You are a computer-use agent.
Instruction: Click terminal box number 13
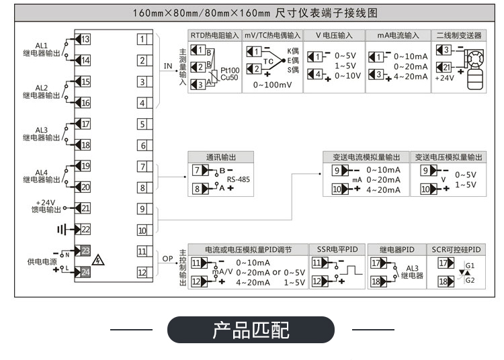tap(85, 39)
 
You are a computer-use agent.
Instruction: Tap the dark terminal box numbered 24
tap(85, 271)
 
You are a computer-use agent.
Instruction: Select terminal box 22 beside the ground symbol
tap(85, 229)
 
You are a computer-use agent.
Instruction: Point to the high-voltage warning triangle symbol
tap(100, 259)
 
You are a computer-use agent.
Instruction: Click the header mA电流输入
tap(398, 35)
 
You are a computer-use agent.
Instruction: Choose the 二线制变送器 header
tap(458, 35)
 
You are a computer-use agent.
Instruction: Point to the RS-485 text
tap(239, 179)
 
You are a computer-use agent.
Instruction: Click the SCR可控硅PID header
tap(456, 249)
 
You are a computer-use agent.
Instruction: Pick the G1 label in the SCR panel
tap(470, 266)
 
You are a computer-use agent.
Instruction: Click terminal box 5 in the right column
tap(142, 124)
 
